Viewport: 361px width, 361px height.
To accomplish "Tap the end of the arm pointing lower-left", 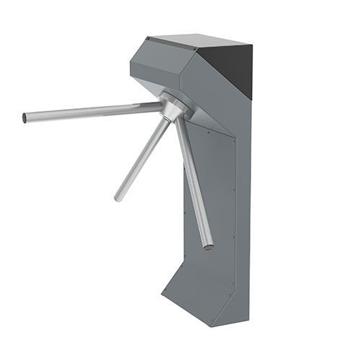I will point(118,196).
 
